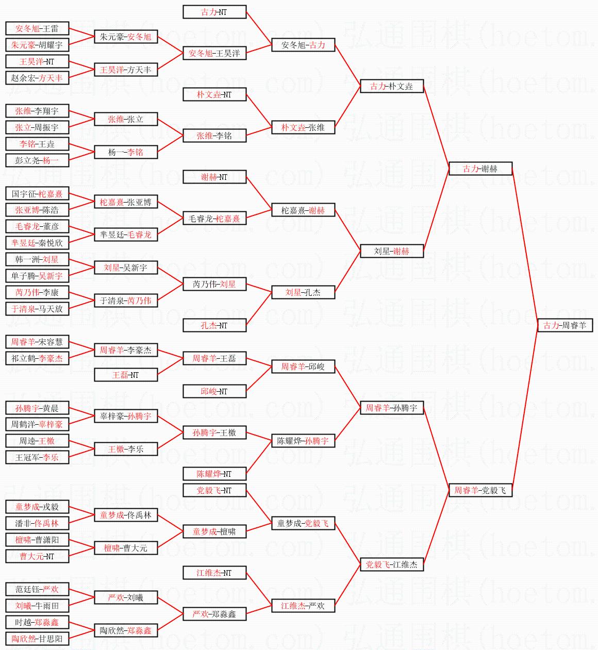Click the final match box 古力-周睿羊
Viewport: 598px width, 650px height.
click(565, 325)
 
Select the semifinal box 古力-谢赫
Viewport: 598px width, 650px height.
click(480, 169)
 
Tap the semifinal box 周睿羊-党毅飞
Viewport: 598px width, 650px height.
click(480, 490)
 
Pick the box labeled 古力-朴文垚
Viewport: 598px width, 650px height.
click(391, 86)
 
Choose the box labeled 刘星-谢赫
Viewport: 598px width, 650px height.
click(391, 251)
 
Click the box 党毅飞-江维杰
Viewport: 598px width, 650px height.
click(391, 564)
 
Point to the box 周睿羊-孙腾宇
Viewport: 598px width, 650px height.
click(391, 408)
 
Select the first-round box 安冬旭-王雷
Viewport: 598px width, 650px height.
click(37, 28)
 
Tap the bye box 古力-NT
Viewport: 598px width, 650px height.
click(214, 12)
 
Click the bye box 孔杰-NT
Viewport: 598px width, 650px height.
click(214, 325)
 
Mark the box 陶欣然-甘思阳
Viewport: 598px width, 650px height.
click(37, 639)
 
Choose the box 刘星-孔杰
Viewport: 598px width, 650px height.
click(303, 292)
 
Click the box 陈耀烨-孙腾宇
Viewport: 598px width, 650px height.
click(303, 441)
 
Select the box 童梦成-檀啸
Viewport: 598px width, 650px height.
click(214, 531)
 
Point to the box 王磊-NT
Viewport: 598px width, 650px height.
click(126, 375)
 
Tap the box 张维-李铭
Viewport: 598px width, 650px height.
click(214, 136)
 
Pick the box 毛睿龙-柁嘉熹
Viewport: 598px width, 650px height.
click(214, 218)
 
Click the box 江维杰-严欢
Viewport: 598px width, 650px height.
click(303, 606)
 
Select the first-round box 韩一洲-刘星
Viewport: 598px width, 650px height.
click(37, 259)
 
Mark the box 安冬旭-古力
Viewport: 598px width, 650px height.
click(303, 45)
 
